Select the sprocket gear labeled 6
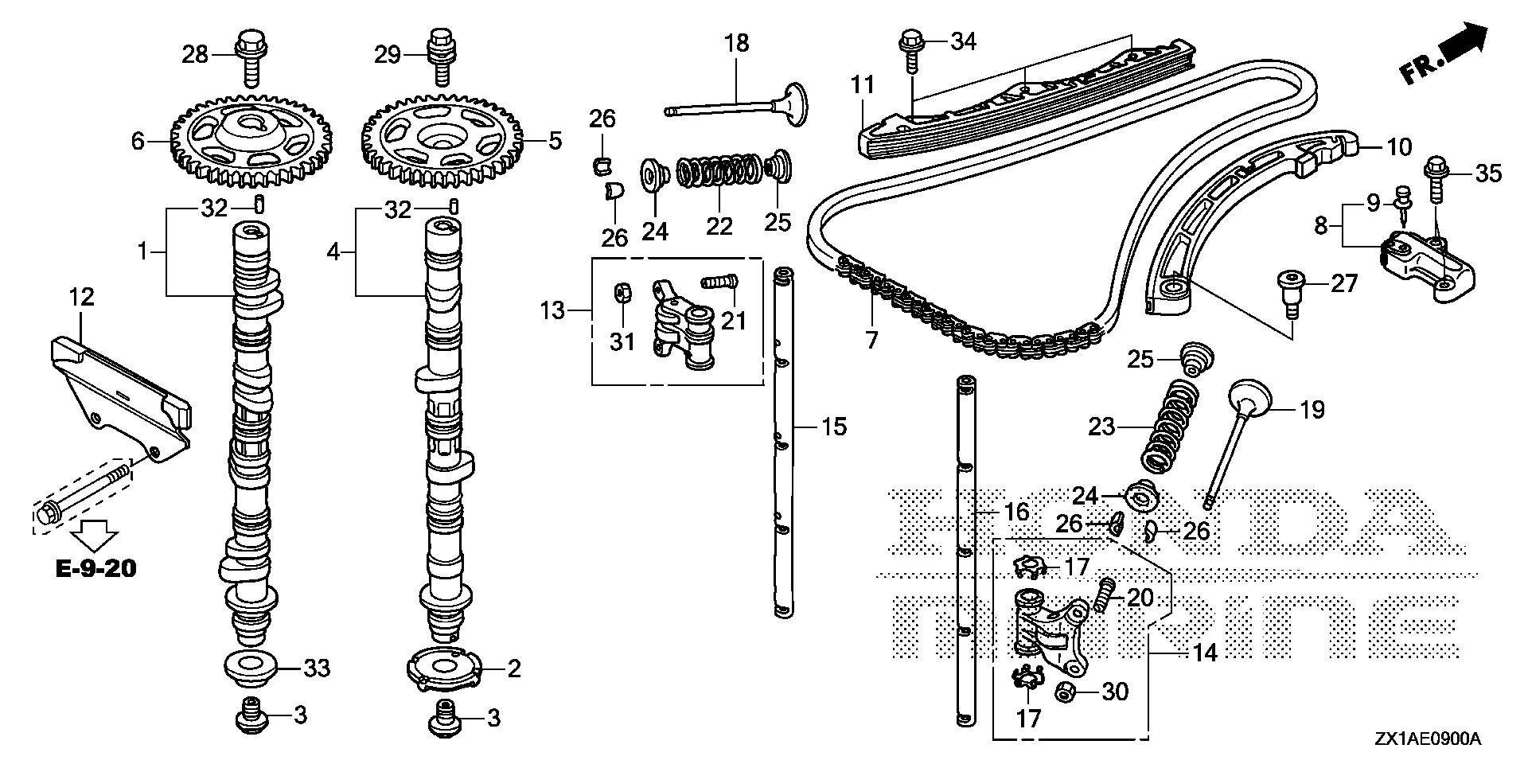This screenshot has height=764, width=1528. pos(251,140)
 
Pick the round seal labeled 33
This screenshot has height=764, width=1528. pos(251,666)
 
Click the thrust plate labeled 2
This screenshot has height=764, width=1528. pos(444,669)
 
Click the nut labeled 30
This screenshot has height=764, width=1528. pos(1067,692)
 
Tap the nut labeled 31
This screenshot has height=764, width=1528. pos(624,294)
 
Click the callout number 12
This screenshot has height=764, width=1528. pos(81,298)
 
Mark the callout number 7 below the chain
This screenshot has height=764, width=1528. pos(871,341)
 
